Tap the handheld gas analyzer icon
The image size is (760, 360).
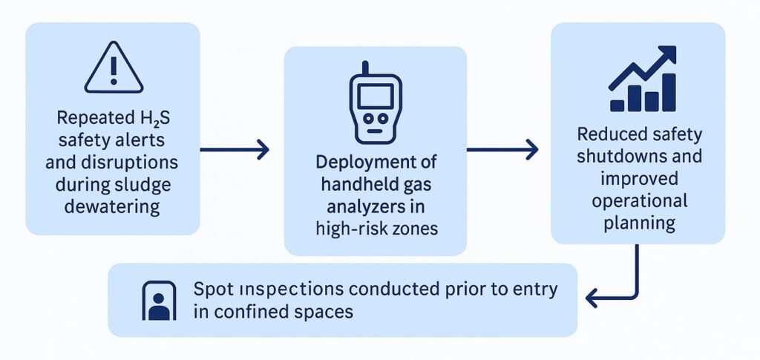376,103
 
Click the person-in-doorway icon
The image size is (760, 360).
158,300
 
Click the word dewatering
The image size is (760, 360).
113,206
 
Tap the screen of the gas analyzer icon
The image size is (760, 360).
376,94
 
